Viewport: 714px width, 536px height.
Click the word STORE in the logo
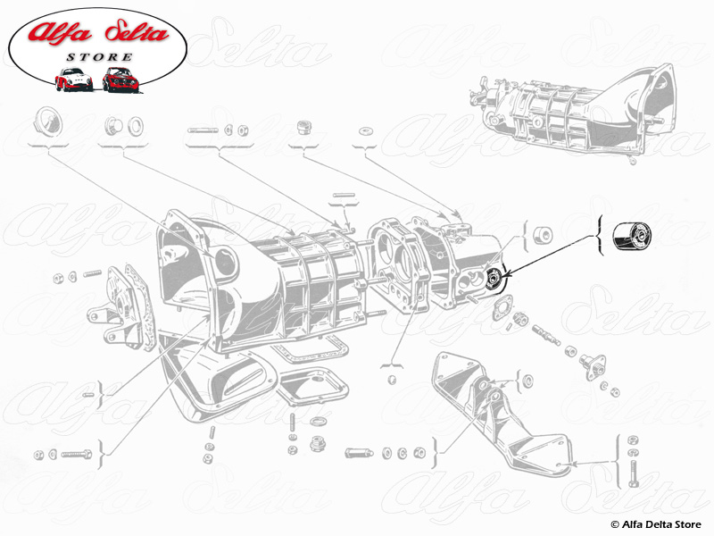pos(99,57)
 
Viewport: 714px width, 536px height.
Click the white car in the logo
pos(73,80)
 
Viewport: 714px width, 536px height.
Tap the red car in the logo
pos(120,80)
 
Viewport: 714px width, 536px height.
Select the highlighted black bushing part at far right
pos(631,236)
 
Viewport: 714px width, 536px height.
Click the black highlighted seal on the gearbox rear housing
pos(494,278)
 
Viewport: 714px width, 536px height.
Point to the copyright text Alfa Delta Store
pos(656,524)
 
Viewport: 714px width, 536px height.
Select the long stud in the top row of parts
pos(203,130)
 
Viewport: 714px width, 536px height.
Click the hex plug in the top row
pos(303,127)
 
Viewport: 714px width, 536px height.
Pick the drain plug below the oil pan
pos(318,443)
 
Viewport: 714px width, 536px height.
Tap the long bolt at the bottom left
pos(77,455)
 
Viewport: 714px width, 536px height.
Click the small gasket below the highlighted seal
pos(502,307)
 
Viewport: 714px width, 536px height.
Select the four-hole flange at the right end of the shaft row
pos(594,364)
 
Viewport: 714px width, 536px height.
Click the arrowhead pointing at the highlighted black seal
pos(506,273)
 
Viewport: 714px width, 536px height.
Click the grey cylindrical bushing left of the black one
pos(543,235)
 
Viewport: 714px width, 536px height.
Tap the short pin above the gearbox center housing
pos(344,195)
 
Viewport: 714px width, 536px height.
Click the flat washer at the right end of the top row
pos(365,131)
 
